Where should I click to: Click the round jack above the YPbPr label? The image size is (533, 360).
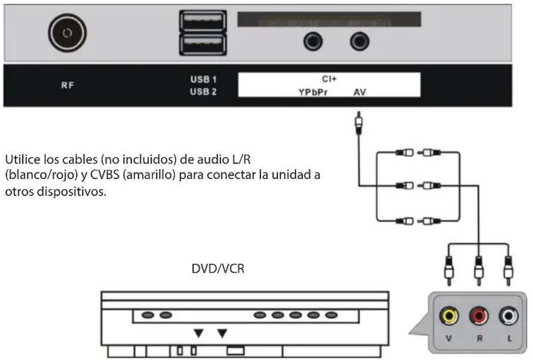tap(313, 42)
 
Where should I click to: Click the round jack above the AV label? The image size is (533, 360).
tap(359, 42)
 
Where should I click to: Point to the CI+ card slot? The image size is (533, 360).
tap(329, 20)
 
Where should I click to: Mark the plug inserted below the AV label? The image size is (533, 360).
tap(359, 123)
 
